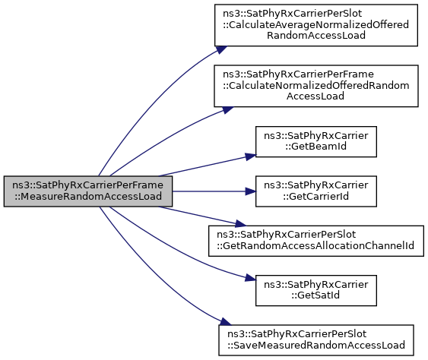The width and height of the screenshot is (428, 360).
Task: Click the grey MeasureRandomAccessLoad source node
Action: click(x=88, y=191)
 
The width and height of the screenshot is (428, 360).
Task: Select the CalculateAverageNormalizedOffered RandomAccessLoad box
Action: click(x=316, y=25)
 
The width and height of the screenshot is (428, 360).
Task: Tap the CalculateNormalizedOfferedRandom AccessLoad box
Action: click(x=316, y=86)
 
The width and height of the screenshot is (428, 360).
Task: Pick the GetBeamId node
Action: click(x=316, y=141)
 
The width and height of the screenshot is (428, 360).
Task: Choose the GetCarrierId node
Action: click(x=316, y=191)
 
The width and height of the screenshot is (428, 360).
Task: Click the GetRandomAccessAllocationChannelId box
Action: click(x=316, y=241)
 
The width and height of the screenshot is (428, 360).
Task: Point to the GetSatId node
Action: click(x=316, y=290)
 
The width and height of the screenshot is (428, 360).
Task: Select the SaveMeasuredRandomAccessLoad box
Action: click(x=316, y=340)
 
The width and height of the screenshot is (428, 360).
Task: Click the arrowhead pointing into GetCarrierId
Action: click(x=251, y=191)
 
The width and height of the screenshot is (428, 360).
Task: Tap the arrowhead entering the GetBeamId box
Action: click(x=251, y=156)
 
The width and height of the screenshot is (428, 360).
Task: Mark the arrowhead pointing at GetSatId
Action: click(x=251, y=278)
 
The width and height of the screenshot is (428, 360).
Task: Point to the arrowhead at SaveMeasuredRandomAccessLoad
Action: click(x=226, y=322)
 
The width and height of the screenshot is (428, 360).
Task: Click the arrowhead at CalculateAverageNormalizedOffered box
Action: click(x=222, y=49)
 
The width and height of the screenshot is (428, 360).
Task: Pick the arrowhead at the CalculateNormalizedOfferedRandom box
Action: click(x=227, y=109)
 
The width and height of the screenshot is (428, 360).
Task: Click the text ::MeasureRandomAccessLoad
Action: click(x=88, y=197)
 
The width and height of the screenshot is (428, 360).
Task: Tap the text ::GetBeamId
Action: click(x=316, y=147)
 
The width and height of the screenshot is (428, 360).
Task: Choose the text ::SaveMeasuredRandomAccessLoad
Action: click(x=316, y=346)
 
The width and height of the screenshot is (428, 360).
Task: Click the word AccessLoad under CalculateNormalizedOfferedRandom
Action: click(x=315, y=96)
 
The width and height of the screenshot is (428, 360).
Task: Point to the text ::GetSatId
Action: click(x=315, y=295)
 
